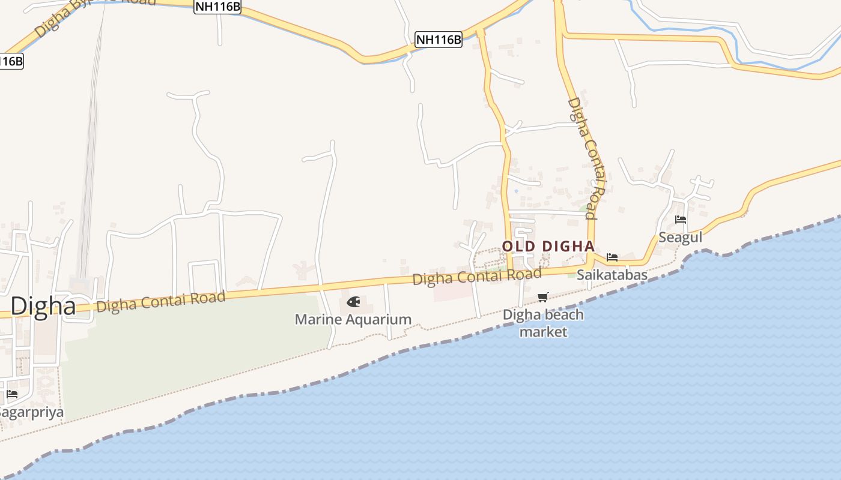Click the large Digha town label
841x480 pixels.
(x=43, y=306)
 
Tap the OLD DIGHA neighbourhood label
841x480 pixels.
(x=548, y=246)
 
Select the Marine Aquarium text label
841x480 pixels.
(x=353, y=319)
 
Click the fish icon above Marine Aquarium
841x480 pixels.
(x=353, y=301)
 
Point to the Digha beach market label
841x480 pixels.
(x=543, y=323)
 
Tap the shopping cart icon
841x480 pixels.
(x=543, y=297)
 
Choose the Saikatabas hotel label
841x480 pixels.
(x=612, y=275)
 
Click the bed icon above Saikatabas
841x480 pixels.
(x=612, y=257)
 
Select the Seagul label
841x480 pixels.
(x=680, y=237)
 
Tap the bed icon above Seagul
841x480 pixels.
(x=680, y=220)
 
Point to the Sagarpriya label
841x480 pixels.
(x=31, y=412)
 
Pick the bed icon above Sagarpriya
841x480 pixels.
(x=12, y=394)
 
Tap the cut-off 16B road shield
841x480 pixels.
(x=11, y=61)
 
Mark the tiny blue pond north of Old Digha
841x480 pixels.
(x=515, y=191)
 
